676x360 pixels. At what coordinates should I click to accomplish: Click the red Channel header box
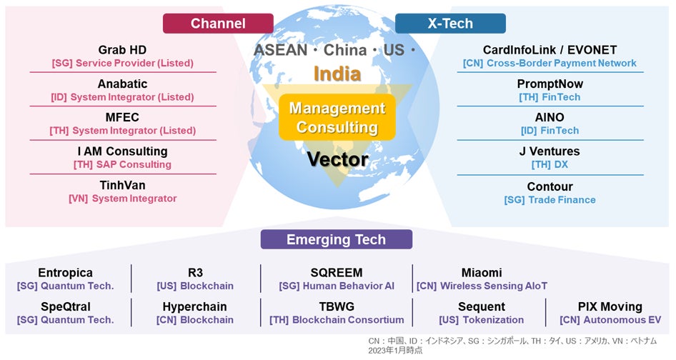point(218,24)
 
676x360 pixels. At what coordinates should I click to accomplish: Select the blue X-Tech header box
point(450,24)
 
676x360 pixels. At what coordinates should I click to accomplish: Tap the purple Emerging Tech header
point(336,239)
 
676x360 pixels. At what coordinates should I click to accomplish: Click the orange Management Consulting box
point(337,118)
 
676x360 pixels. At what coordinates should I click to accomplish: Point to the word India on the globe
point(337,74)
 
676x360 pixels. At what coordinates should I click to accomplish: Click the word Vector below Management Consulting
point(337,159)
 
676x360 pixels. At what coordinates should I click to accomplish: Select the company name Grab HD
point(123,50)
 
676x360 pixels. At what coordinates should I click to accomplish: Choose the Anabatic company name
point(123,84)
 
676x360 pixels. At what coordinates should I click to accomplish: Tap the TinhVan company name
point(123,185)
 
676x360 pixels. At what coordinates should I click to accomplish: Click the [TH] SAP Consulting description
point(123,164)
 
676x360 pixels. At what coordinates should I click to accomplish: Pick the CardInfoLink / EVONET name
point(550,50)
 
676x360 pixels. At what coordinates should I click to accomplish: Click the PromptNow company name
point(550,84)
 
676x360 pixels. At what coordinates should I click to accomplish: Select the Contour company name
point(550,186)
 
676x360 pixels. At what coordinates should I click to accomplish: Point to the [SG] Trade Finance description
point(550,200)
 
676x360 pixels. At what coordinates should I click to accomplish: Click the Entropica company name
point(65,273)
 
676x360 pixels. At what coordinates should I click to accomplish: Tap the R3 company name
point(195,273)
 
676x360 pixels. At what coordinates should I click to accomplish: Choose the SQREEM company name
point(337,273)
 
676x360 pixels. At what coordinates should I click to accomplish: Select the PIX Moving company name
point(610,306)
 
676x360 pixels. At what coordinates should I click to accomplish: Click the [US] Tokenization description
point(481,320)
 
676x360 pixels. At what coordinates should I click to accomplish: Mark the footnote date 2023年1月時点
point(395,350)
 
